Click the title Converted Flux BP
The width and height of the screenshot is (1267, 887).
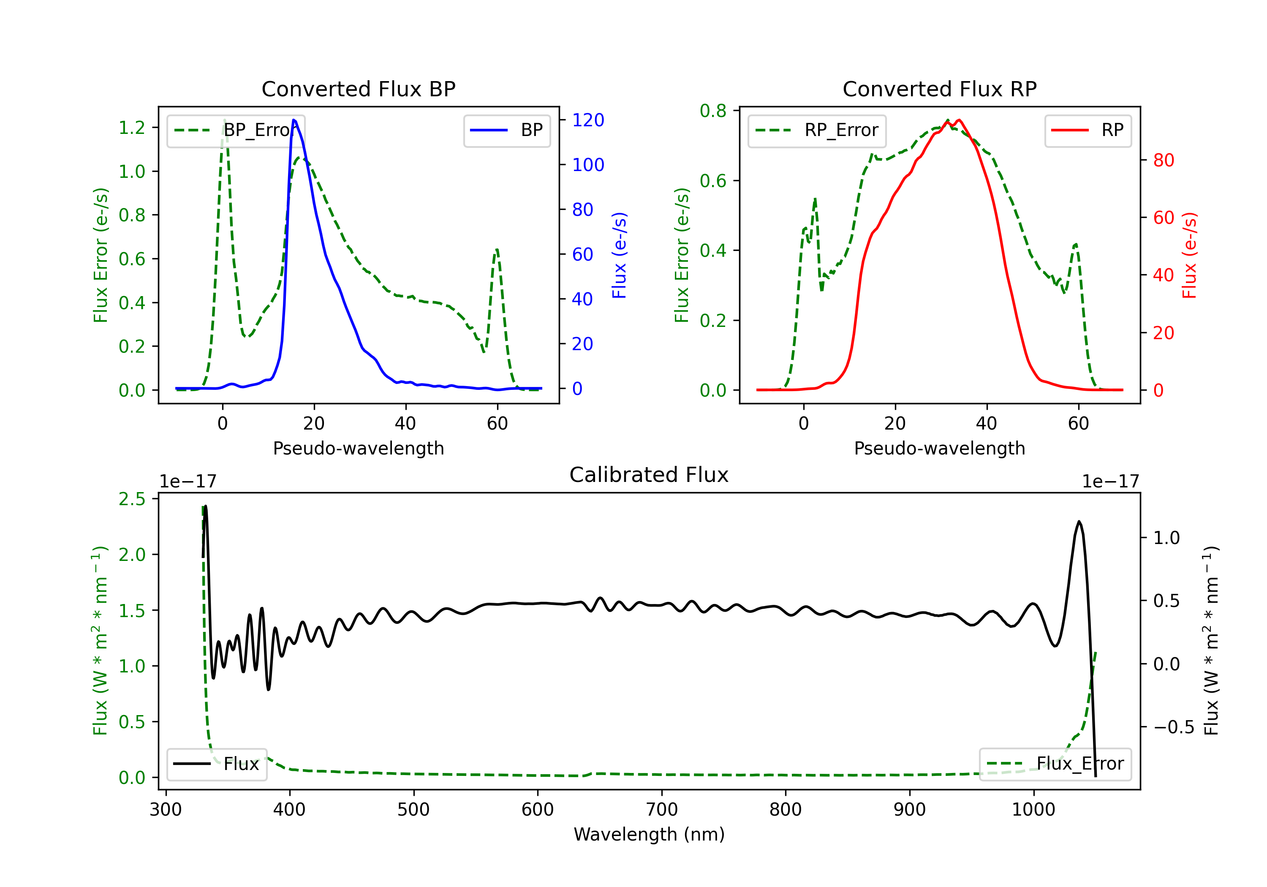(x=358, y=89)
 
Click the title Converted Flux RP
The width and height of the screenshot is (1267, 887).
(x=939, y=89)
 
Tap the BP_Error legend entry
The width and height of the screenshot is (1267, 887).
(x=236, y=130)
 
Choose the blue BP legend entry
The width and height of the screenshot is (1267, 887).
(x=506, y=130)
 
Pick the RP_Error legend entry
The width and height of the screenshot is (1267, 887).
(x=817, y=130)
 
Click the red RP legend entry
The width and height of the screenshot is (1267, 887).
(x=1088, y=130)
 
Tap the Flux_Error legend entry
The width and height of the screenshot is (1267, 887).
(x=1055, y=764)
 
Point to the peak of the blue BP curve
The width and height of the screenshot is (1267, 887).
(x=294, y=120)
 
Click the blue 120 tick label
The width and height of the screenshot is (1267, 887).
(x=588, y=120)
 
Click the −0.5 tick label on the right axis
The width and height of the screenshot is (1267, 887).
(x=1173, y=727)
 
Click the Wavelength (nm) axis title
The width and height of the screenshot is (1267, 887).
(x=649, y=834)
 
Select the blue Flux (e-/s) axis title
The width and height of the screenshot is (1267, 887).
(x=619, y=256)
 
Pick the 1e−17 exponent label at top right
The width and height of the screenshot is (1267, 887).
(x=1110, y=482)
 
